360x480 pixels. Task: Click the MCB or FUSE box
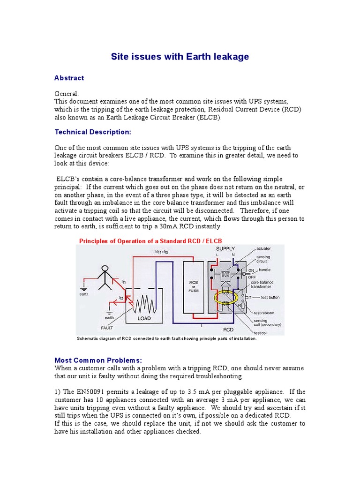[193, 287]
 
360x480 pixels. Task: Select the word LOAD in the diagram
[144, 318]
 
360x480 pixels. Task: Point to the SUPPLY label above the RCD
[225, 248]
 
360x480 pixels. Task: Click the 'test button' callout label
[270, 298]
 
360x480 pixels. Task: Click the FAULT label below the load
[107, 328]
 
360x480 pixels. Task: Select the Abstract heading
[69, 78]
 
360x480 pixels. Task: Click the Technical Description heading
[93, 132]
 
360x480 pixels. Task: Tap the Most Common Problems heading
[98, 360]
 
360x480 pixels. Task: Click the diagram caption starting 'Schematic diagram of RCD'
[166, 338]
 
